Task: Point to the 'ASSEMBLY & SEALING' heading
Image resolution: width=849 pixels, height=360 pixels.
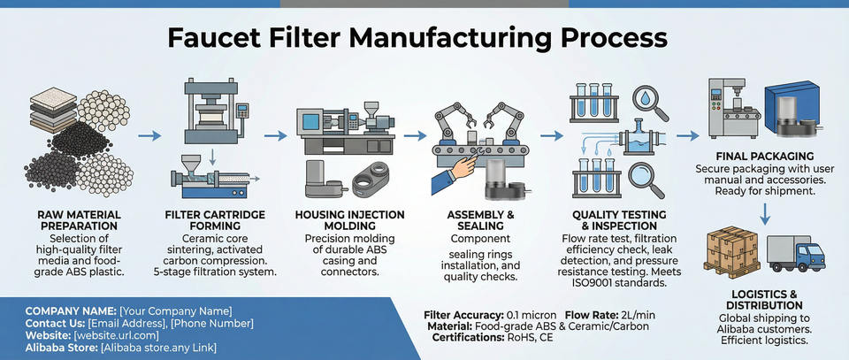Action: (481, 219)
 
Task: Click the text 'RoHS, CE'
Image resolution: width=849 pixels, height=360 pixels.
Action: (534, 337)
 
